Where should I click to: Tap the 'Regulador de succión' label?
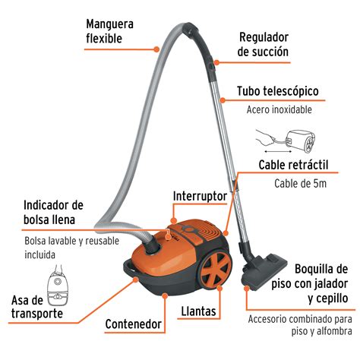click(264, 45)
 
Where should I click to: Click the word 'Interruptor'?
click(200, 195)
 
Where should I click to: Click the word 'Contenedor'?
click(134, 324)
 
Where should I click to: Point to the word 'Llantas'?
click(200, 311)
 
